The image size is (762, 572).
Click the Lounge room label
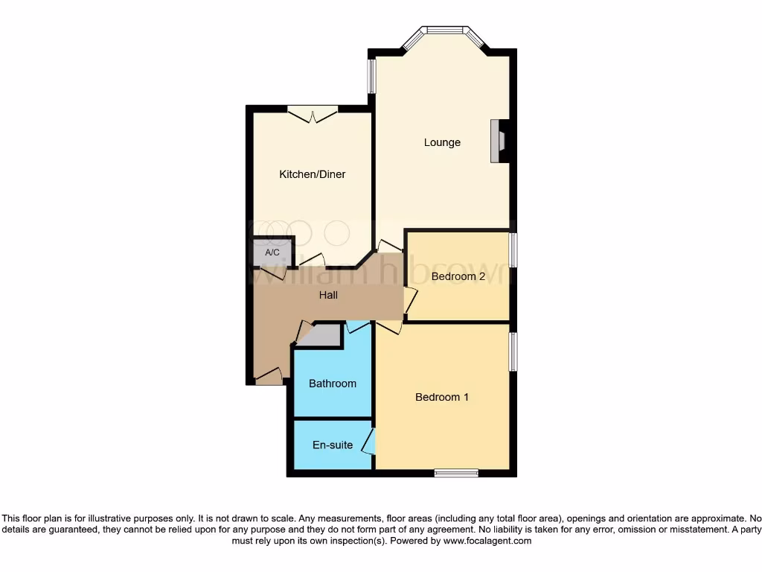(442, 142)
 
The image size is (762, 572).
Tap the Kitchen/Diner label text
(312, 174)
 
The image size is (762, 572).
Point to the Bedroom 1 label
(441, 397)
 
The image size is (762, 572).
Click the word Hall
(328, 295)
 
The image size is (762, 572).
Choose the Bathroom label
(333, 384)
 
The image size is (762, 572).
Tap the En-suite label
(333, 445)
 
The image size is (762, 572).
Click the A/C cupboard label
(272, 253)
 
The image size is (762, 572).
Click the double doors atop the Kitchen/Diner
(313, 114)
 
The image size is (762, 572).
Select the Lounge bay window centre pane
(445, 31)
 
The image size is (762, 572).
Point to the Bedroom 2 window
(513, 250)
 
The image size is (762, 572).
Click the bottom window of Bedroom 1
(456, 472)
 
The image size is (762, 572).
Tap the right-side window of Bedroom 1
(513, 352)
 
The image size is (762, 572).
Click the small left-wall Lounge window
(372, 76)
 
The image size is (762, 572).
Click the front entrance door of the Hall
(268, 378)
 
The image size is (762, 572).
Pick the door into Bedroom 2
(410, 299)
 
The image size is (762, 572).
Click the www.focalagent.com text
(487, 541)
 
